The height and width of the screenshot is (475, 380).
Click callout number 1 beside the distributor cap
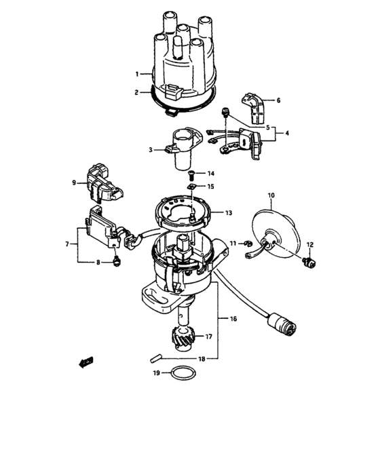pos(137,74)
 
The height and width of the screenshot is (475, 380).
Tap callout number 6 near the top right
pos(278,100)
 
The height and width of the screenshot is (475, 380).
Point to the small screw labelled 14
pos(192,174)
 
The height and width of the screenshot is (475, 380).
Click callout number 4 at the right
pos(286,134)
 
